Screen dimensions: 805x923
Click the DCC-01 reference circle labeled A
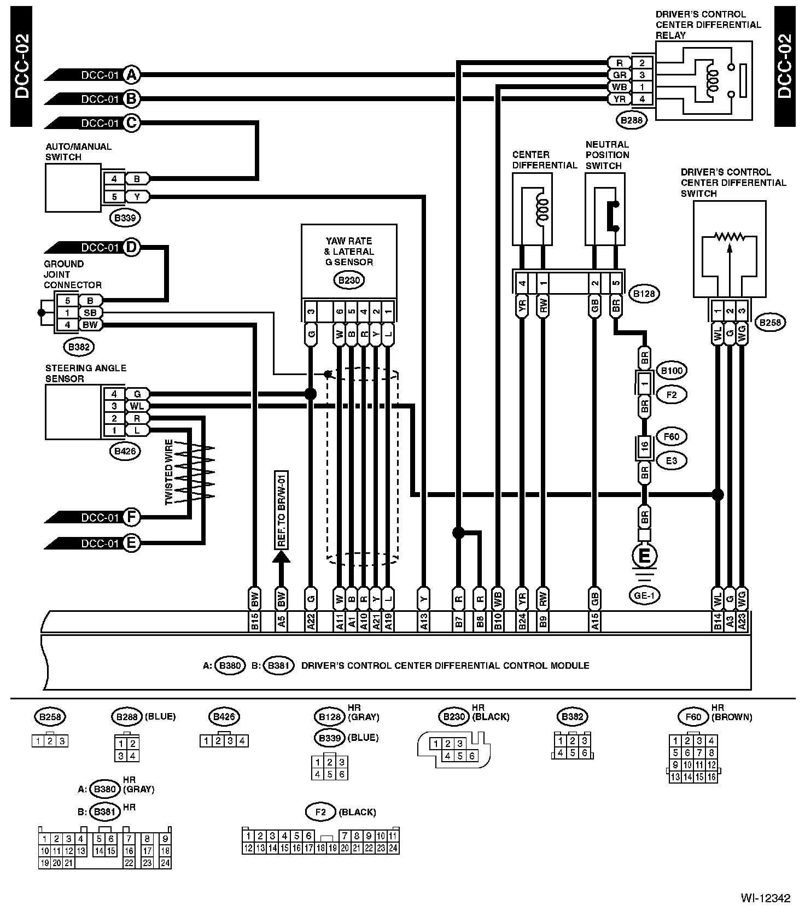pos(131,75)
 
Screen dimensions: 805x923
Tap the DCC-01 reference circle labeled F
pos(131,517)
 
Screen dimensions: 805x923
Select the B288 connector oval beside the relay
pos(632,120)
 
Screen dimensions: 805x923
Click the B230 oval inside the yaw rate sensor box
pos(349,281)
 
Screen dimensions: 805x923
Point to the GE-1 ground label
pos(645,595)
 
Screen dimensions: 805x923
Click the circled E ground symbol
pos(645,556)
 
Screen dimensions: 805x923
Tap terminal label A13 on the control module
pos(424,621)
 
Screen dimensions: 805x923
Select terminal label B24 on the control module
pos(522,621)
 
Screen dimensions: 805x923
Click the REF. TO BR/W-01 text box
pos(282,510)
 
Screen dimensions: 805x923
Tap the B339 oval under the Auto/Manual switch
pos(125,218)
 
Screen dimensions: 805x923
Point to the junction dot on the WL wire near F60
pos(717,495)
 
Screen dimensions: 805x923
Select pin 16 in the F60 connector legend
pos(711,777)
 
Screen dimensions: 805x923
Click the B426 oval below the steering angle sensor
pos(125,451)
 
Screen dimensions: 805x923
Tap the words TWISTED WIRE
pos(169,471)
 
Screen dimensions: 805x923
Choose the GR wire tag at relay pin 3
pos(619,75)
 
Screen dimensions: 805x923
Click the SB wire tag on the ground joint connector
pos(90,313)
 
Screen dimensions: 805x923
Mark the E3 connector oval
pos(672,461)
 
